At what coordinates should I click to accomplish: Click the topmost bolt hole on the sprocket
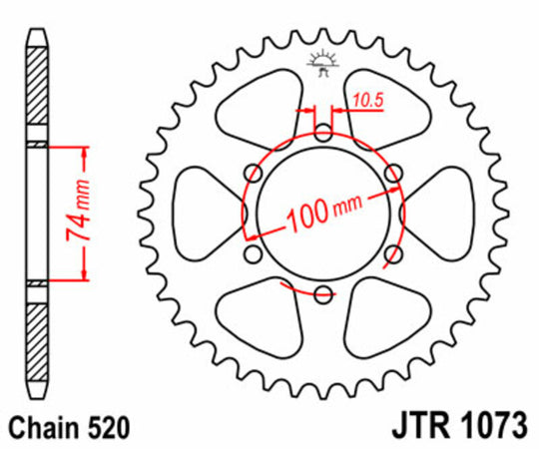click(x=322, y=133)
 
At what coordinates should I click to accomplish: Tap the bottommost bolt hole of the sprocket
click(x=322, y=294)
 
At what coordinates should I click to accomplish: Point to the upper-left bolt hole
click(x=253, y=173)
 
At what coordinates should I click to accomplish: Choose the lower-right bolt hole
click(x=392, y=254)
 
